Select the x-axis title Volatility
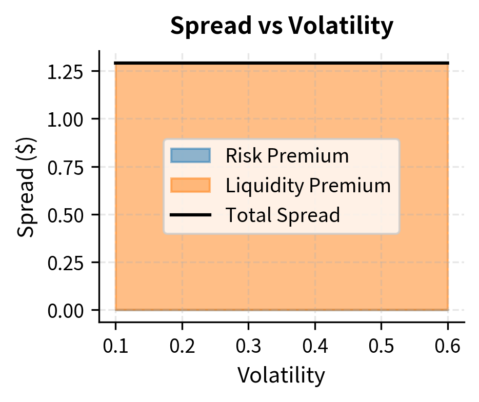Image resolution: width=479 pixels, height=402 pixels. click(281, 375)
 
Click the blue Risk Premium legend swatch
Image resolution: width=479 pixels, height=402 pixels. click(190, 155)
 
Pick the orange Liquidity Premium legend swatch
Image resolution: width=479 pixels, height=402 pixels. click(190, 185)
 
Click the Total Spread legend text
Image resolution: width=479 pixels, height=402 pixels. click(283, 215)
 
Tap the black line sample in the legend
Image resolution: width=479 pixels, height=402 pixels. click(190, 215)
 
